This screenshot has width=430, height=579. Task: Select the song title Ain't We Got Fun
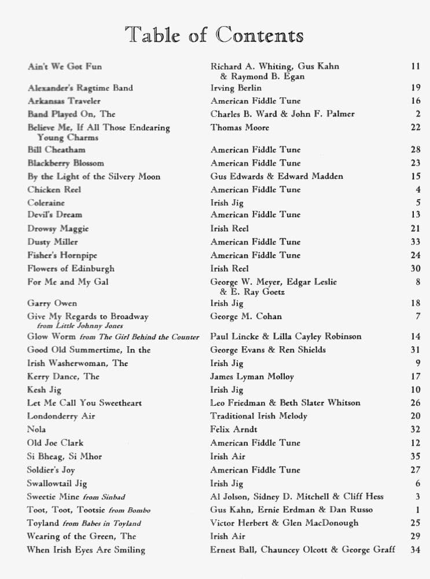pyautogui.click(x=65, y=67)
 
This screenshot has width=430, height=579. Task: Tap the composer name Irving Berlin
pyautogui.click(x=236, y=88)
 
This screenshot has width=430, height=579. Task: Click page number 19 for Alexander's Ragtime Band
pyautogui.click(x=416, y=88)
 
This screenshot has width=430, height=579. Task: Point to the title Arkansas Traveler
pyautogui.click(x=64, y=101)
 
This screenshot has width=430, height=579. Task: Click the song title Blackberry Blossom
pyautogui.click(x=65, y=163)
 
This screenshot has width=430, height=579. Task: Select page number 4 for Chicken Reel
pyautogui.click(x=418, y=190)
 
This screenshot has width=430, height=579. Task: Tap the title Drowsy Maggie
pyautogui.click(x=58, y=229)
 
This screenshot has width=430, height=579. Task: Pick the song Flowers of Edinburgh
pyautogui.click(x=71, y=269)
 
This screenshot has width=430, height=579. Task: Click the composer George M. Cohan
pyautogui.click(x=245, y=317)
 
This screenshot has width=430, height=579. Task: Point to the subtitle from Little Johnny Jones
pyautogui.click(x=76, y=326)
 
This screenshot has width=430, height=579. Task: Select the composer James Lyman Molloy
pyautogui.click(x=252, y=377)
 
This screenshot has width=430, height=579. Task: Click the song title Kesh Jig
pyautogui.click(x=44, y=390)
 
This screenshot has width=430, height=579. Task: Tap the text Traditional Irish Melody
pyautogui.click(x=259, y=416)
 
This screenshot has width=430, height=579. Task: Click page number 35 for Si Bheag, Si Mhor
pyautogui.click(x=416, y=457)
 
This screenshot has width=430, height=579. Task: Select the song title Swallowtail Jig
pyautogui.click(x=57, y=483)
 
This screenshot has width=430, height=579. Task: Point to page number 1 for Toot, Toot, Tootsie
pyautogui.click(x=418, y=510)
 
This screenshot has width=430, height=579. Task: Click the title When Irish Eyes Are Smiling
pyautogui.click(x=86, y=550)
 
